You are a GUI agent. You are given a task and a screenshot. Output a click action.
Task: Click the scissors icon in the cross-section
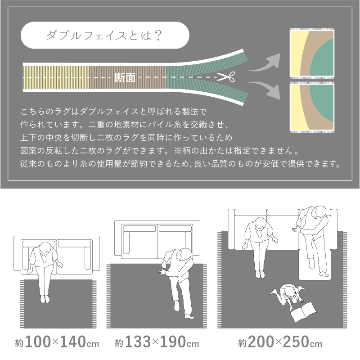(226, 76)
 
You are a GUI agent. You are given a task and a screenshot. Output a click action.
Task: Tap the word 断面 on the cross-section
(125, 77)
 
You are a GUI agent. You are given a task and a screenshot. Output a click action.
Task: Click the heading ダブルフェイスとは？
(104, 36)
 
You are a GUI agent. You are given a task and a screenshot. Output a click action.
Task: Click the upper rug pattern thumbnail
(312, 54)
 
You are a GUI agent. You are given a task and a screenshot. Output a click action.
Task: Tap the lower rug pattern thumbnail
(312, 107)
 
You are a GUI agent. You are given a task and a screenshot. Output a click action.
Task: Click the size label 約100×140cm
(57, 342)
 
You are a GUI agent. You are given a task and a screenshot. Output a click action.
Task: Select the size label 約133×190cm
(157, 342)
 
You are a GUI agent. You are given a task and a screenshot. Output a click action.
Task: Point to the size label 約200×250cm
(280, 342)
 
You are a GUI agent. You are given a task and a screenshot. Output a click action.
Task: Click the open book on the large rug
(303, 312)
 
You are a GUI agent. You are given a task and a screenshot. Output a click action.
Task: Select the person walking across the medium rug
(177, 283)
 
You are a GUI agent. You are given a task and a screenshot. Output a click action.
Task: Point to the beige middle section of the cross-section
(128, 77)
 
